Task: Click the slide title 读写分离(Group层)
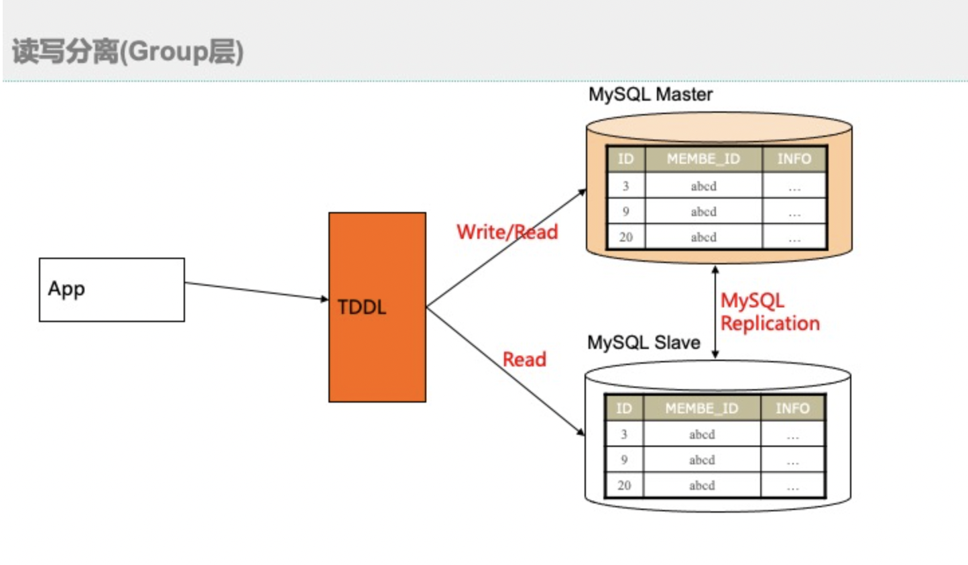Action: point(127,52)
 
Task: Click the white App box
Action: point(111,290)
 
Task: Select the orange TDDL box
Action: point(377,307)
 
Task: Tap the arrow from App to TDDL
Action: point(255,291)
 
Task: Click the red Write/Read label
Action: point(507,232)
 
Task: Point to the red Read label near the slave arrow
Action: point(524,360)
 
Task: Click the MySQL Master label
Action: point(650,95)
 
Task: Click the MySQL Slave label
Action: point(644,343)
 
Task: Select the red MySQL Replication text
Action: point(770,312)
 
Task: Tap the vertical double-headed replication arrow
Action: point(715,312)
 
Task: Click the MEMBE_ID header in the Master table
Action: point(703,159)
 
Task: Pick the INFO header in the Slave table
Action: point(792,408)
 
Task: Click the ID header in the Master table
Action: point(625,159)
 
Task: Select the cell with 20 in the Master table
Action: point(625,237)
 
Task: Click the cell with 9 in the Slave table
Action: point(624,460)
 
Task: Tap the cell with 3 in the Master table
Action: point(625,186)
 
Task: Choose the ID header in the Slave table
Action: point(624,408)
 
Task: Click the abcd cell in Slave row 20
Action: point(702,485)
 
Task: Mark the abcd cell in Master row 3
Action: point(703,186)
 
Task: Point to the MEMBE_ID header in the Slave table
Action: point(701,408)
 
